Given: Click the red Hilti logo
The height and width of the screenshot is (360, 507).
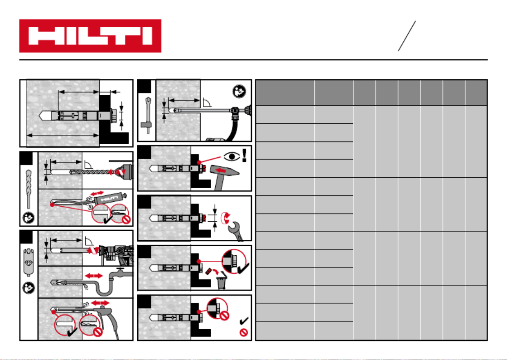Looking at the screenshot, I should (x=90, y=36).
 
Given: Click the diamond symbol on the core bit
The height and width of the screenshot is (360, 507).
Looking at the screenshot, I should (x=29, y=263).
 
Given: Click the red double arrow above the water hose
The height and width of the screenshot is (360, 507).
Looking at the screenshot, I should (x=93, y=275).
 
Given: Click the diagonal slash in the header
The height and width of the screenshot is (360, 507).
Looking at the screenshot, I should (x=407, y=36).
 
